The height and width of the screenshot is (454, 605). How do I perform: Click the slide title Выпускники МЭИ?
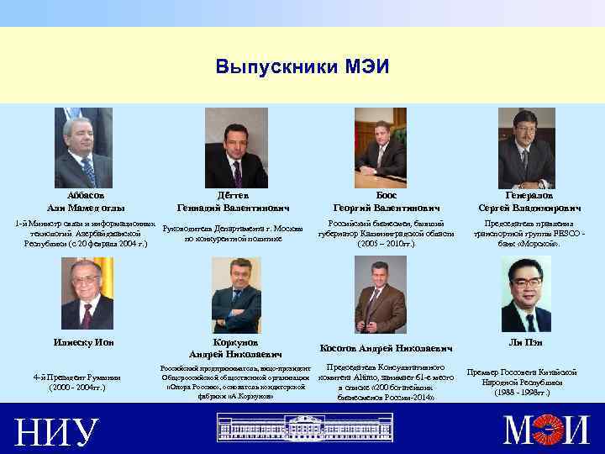(x=302, y=66)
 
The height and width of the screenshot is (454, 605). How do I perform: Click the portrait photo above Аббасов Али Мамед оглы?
(x=83, y=148)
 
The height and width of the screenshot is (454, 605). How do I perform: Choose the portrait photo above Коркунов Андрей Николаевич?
(x=236, y=295)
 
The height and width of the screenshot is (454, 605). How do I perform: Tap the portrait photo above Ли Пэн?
(x=526, y=293)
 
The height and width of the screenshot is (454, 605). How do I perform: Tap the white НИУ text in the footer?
(x=55, y=431)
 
